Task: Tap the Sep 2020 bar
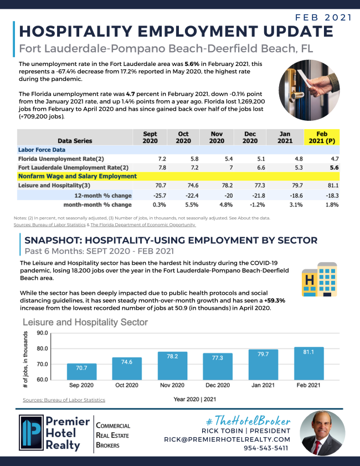click(81, 371)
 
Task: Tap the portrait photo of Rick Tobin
click(322, 433)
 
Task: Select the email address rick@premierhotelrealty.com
click(227, 439)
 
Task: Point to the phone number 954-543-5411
click(266, 448)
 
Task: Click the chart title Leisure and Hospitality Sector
click(85, 322)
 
